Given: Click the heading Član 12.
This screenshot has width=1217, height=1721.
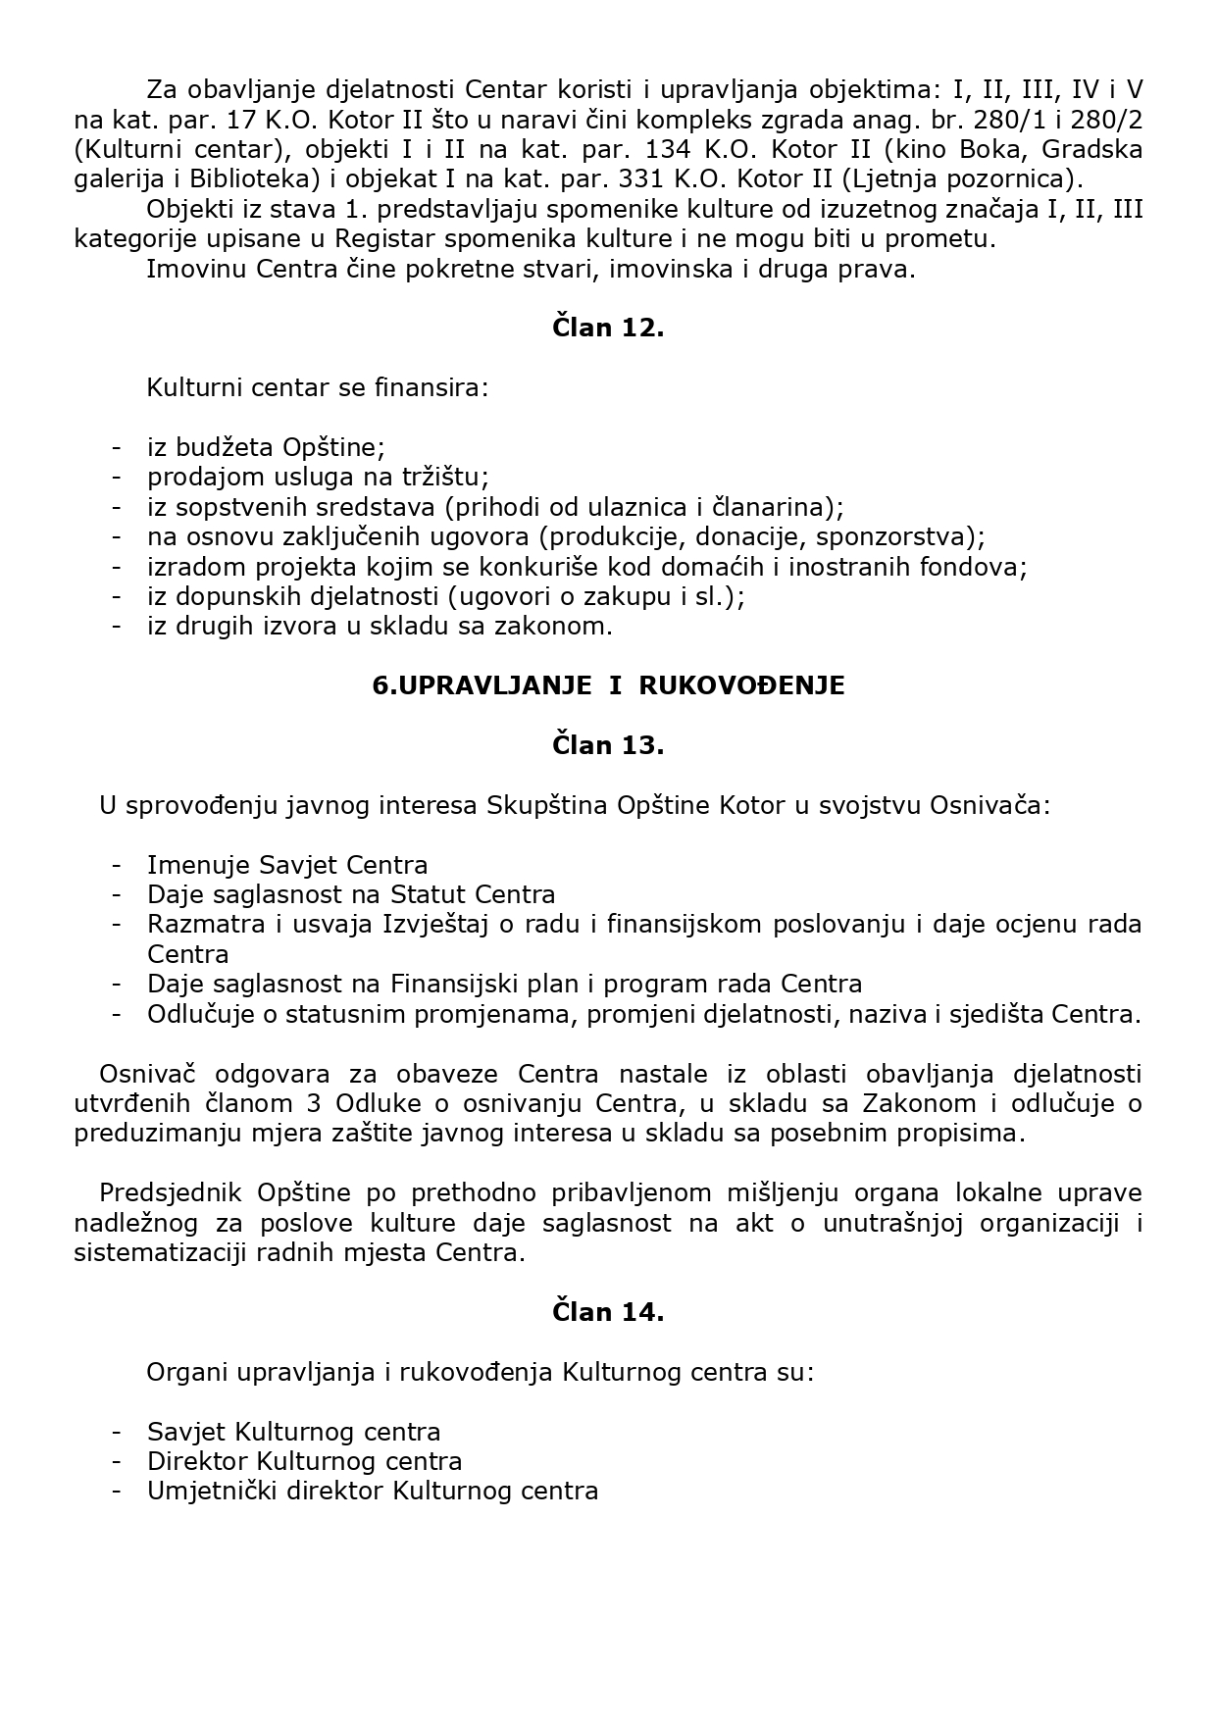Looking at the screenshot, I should pyautogui.click(x=608, y=328).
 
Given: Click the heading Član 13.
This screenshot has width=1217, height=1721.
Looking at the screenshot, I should pyautogui.click(x=608, y=745).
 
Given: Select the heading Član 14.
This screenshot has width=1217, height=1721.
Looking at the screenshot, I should pyautogui.click(x=608, y=1312).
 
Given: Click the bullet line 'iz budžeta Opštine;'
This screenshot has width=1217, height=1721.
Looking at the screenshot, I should pyautogui.click(x=266, y=447).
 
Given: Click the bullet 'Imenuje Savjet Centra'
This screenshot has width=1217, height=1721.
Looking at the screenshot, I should pyautogui.click(x=287, y=865).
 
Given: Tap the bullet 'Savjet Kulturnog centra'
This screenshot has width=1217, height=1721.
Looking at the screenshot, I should pyautogui.click(x=293, y=1432).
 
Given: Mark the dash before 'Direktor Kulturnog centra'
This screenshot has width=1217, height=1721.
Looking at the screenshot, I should pyautogui.click(x=117, y=1461).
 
